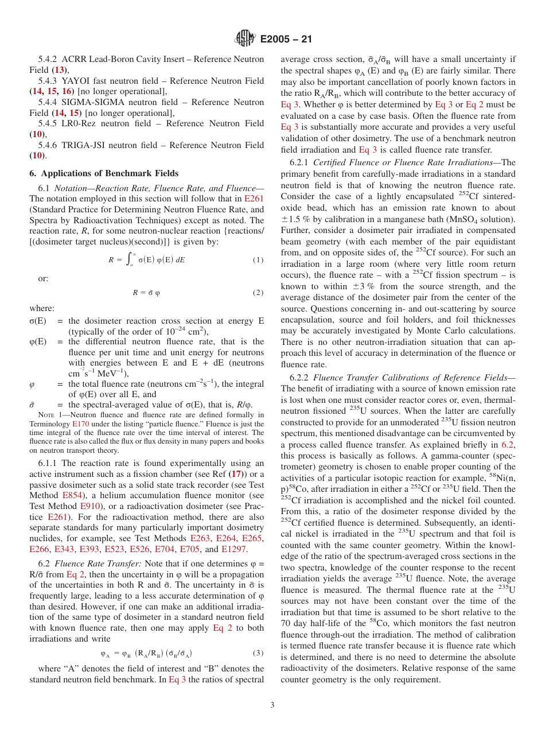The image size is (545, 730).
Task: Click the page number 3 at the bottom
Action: click(272, 705)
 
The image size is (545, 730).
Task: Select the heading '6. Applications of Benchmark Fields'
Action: click(104, 173)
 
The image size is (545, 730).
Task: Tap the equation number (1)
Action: click(258, 260)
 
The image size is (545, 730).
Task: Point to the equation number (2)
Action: click(258, 293)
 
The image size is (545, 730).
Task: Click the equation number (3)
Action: click(258, 653)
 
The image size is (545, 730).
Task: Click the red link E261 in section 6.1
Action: click(254, 199)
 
